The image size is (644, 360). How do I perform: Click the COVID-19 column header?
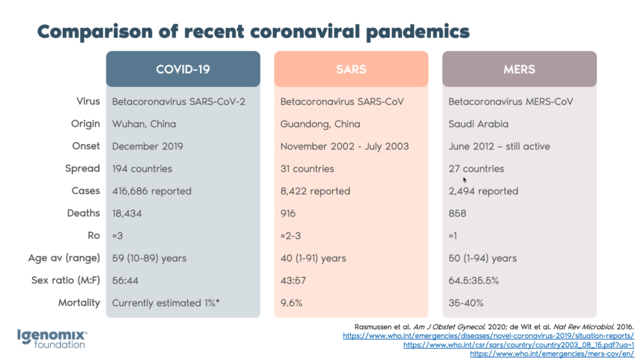182,69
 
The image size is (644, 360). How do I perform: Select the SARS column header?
351,69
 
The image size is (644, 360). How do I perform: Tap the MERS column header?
519,69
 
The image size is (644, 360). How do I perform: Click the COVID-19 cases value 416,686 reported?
152,191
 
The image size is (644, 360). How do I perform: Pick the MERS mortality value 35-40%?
466,303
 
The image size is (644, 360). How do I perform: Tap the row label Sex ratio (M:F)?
65,280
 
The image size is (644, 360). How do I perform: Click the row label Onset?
86,146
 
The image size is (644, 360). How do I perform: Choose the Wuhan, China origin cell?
144,124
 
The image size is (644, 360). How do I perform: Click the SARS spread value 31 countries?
308,169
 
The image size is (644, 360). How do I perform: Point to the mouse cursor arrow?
465,180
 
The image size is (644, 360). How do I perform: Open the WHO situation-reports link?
488,336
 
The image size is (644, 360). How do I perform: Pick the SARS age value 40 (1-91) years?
313,258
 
